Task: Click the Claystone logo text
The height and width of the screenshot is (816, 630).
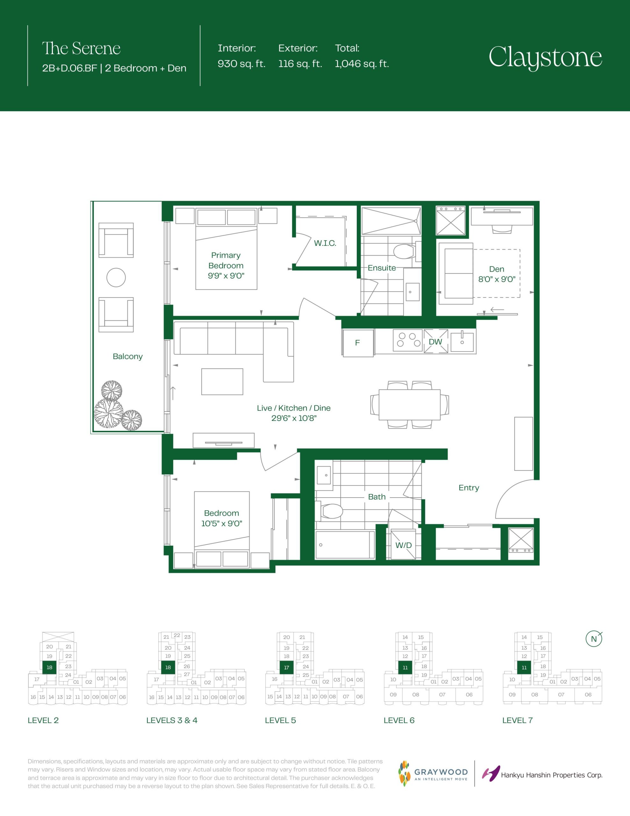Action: click(545, 58)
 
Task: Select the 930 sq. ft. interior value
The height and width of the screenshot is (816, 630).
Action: click(241, 64)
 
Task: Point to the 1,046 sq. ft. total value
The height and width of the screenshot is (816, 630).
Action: click(362, 64)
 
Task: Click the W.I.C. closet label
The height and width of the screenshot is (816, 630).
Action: click(325, 243)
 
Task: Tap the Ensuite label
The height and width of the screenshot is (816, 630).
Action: click(382, 268)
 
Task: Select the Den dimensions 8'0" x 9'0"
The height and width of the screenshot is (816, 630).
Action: click(497, 279)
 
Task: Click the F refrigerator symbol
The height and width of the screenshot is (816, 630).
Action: click(358, 343)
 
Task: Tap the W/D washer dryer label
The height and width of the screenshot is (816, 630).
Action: click(404, 545)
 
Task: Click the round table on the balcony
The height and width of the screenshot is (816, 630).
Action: click(116, 278)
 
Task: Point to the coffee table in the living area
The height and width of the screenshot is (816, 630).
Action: click(222, 382)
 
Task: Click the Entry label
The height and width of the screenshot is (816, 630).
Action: click(469, 488)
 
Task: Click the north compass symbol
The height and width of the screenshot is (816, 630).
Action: click(594, 639)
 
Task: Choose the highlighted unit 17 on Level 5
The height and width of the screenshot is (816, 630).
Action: click(286, 667)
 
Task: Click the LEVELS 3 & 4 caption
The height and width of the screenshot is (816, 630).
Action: click(172, 720)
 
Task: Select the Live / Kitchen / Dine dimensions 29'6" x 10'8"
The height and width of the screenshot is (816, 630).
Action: click(294, 418)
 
